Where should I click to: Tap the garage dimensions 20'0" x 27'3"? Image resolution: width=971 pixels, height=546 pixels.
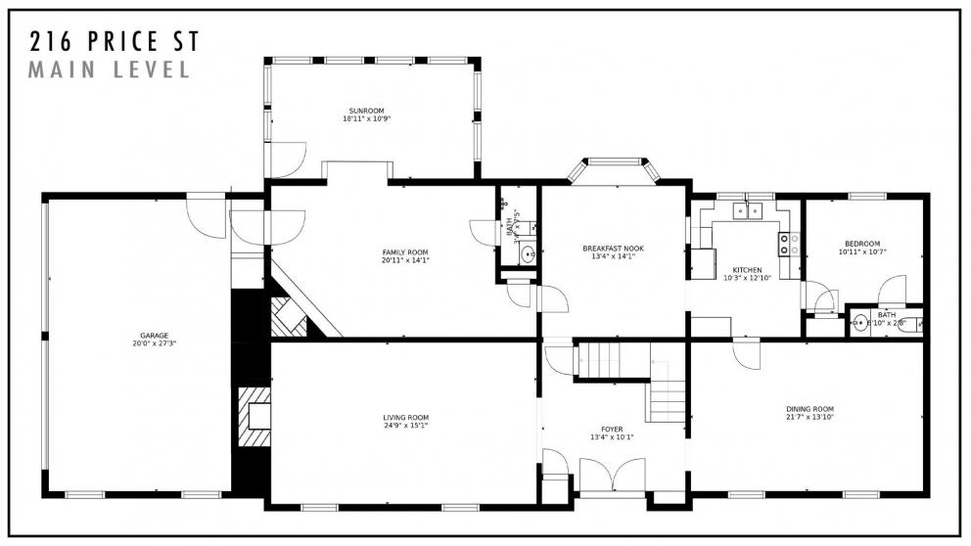pyautogui.click(x=147, y=344)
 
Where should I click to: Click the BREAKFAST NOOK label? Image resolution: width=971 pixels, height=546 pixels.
pyautogui.click(x=613, y=249)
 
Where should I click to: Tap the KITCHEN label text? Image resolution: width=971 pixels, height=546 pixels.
pyautogui.click(x=747, y=270)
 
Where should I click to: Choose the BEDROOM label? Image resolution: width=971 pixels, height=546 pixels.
pyautogui.click(x=859, y=244)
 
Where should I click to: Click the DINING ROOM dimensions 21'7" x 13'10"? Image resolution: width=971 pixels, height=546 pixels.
pyautogui.click(x=809, y=417)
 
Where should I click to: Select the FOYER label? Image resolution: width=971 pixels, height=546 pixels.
pyautogui.click(x=613, y=429)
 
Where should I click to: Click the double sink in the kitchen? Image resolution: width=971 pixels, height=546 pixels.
pyautogui.click(x=751, y=209)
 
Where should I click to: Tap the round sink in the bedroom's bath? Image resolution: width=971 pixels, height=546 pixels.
pyautogui.click(x=860, y=323)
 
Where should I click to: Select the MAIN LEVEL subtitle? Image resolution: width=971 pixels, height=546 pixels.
pyautogui.click(x=110, y=70)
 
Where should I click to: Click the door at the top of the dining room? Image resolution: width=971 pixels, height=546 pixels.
pyautogui.click(x=747, y=353)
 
